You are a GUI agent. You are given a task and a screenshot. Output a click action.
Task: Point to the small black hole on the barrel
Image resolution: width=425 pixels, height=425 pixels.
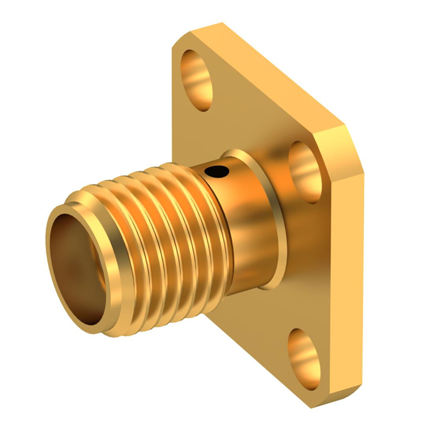pyautogui.click(x=216, y=173)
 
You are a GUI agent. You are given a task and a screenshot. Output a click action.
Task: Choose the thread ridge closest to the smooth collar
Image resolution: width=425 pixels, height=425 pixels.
pyautogui.click(x=199, y=219)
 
